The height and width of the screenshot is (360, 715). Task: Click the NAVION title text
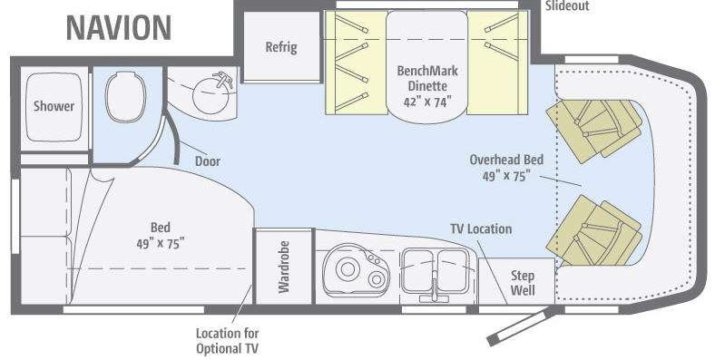[x=119, y=28]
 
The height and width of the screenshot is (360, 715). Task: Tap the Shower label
[x=54, y=106]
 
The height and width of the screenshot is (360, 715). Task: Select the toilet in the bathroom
[x=125, y=96]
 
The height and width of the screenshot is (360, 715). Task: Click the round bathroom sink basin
[x=211, y=95]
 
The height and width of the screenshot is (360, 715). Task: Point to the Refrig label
[x=281, y=47]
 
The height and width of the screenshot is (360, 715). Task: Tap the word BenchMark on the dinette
[x=427, y=71]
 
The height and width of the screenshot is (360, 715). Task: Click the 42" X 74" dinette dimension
[x=427, y=102]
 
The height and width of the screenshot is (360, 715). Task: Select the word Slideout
[x=567, y=5]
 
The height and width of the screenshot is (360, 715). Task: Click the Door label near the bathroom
[x=208, y=161]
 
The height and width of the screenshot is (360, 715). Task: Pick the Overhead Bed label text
[x=506, y=160]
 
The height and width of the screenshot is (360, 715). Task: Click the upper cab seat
[x=594, y=130]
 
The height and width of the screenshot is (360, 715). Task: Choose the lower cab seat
[x=594, y=230]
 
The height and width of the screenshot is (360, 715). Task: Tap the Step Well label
[x=523, y=283]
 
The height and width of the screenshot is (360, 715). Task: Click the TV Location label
[x=481, y=229]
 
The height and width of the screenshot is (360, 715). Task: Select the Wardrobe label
[x=284, y=267]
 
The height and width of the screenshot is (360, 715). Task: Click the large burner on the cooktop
[x=348, y=268]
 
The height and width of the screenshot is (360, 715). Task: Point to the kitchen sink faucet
[x=435, y=288]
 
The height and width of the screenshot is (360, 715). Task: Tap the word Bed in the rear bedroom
[x=161, y=227]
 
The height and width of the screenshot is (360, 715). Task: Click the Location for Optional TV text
[x=227, y=341]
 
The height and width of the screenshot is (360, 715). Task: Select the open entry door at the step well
[x=521, y=326]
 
